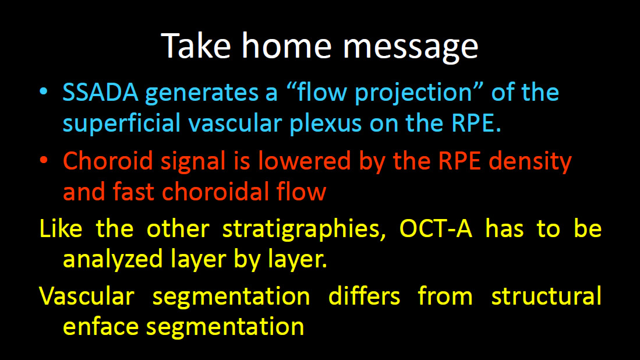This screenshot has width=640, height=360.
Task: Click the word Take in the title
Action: click(196, 45)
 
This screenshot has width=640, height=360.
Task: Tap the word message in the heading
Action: click(411, 48)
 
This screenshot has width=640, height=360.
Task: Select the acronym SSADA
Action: click(100, 92)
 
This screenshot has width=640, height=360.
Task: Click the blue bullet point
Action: click(43, 91)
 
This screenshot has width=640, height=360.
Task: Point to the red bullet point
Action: click(43, 160)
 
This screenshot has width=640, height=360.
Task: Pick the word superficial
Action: click(122, 123)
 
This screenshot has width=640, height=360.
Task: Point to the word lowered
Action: click(305, 161)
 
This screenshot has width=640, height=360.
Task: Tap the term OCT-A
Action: click(436, 229)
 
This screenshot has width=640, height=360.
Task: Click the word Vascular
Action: click(87, 296)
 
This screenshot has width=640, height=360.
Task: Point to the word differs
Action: click(364, 296)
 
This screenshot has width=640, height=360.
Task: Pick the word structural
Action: click(546, 296)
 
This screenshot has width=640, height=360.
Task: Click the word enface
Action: click(101, 327)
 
